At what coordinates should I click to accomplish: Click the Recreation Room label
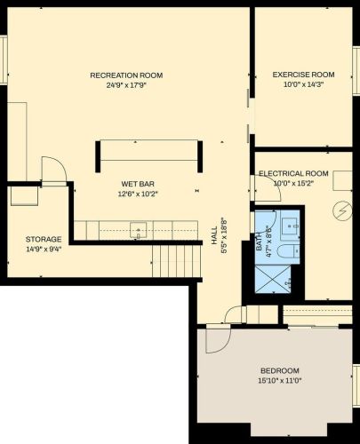pos(126,75)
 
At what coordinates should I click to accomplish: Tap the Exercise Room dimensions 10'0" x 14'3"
pos(303,84)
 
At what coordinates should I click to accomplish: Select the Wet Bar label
pos(138,184)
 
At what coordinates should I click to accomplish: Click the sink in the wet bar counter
pos(139,230)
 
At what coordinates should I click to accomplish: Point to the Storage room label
pos(44,239)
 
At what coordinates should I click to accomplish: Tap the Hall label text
pos(214,235)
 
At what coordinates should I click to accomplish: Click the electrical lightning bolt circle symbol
pos(343,211)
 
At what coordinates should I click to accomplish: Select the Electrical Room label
pos(293,173)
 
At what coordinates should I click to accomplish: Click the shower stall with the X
pos(273,279)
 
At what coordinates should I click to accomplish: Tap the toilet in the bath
pos(289,251)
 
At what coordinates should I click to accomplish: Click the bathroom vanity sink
pos(290,226)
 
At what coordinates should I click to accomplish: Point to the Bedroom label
pos(280,370)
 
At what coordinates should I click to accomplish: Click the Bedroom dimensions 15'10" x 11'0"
pos(280,381)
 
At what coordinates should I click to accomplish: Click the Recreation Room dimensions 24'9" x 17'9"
pos(126,85)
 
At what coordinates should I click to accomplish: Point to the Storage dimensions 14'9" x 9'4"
pos(44,250)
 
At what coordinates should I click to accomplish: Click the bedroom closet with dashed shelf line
pos(317,314)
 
